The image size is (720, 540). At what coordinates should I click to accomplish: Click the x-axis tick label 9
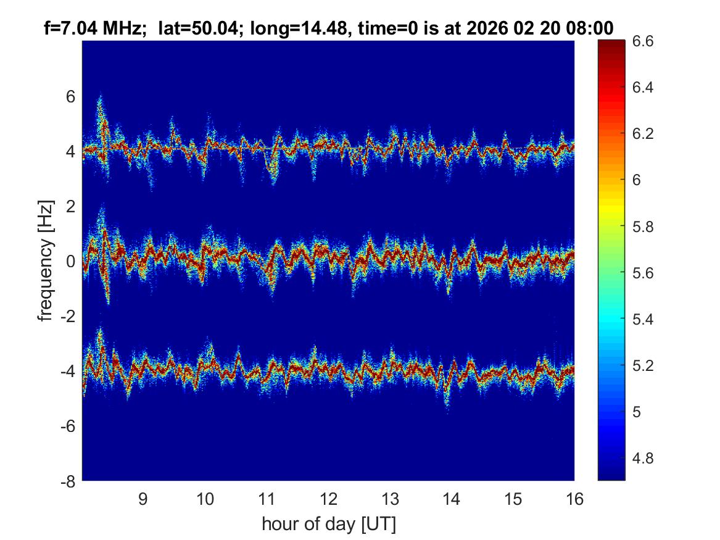point(143,499)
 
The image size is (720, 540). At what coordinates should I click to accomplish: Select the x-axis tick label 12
point(328,499)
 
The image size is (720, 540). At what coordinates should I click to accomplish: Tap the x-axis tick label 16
point(574,499)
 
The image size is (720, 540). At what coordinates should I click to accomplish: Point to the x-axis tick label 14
point(451,499)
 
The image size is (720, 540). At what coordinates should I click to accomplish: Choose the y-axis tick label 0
point(71,261)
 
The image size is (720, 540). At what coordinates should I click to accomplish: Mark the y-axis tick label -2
point(67,316)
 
